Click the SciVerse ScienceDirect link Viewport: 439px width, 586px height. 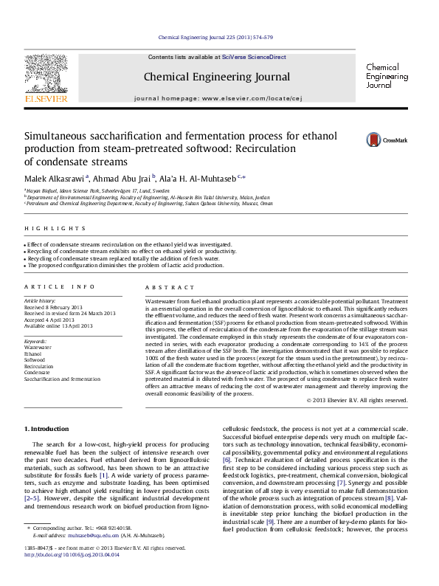(255, 57)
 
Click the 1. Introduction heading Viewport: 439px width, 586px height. (49, 429)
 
